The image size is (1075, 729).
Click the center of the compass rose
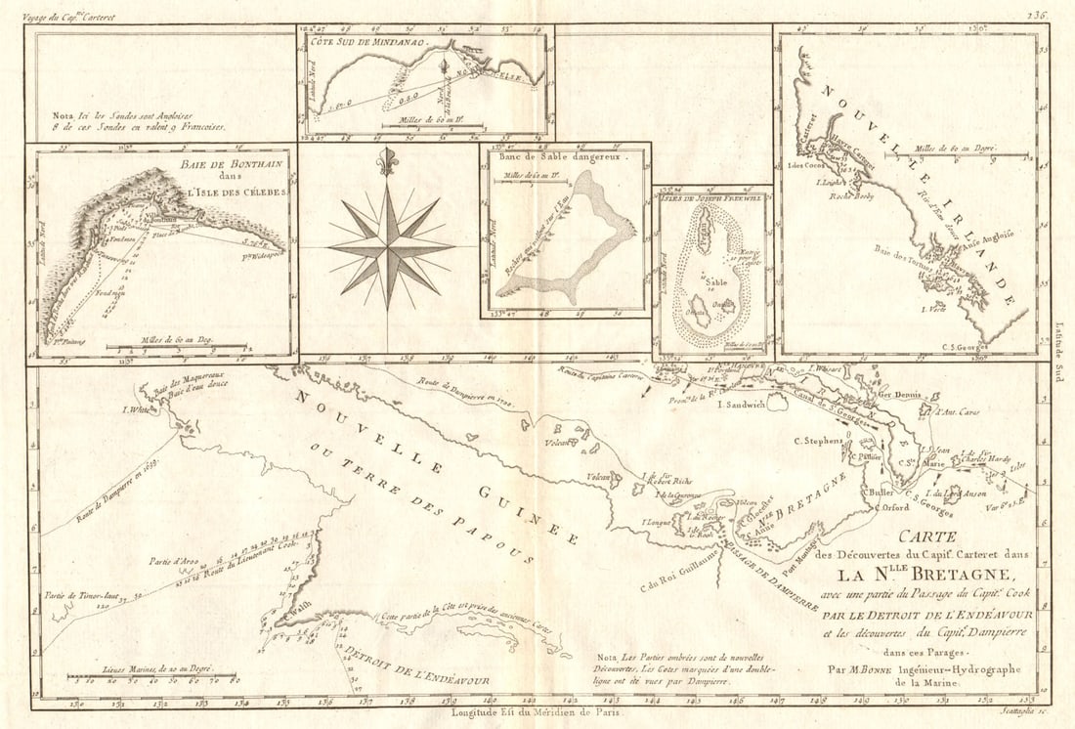coord(388,249)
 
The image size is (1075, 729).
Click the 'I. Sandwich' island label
coord(741,403)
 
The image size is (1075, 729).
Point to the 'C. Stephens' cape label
coord(818,442)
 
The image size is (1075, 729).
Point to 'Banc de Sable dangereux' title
coord(557,154)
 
